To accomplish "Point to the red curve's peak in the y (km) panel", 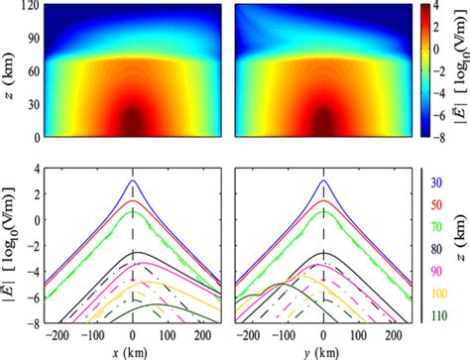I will (x=324, y=200).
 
